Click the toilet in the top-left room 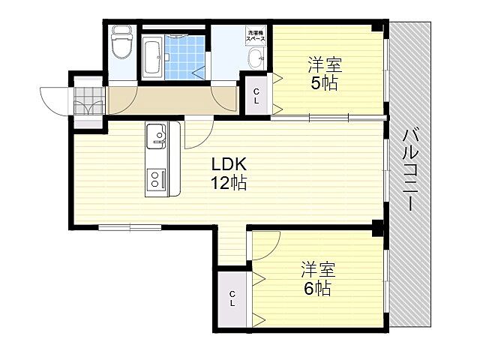(x=120, y=46)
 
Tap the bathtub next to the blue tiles (x=151, y=55)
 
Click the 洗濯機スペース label (x=256, y=34)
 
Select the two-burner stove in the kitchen (x=156, y=178)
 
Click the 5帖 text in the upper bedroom (x=324, y=82)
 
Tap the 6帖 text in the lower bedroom (x=317, y=288)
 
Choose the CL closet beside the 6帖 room (x=232, y=298)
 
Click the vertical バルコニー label (x=411, y=172)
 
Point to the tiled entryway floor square (x=88, y=99)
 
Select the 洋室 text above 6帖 (x=317, y=268)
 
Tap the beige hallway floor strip (x=172, y=100)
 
